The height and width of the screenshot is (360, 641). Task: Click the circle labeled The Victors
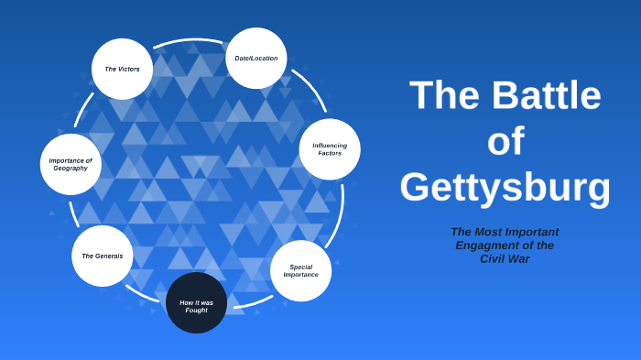122,69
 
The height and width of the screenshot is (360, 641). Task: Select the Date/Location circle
255,59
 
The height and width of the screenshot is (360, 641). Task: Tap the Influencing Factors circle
329,149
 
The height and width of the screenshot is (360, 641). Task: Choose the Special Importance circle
300,271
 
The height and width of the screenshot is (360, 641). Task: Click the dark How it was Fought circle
196,302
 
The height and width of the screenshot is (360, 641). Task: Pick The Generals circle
102,256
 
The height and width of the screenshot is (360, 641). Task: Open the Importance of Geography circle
71,165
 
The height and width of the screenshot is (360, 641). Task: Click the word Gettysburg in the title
505,187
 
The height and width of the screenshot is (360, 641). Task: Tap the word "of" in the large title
505,142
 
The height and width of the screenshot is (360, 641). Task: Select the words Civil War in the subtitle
505,259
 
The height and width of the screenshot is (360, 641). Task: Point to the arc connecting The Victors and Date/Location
189,41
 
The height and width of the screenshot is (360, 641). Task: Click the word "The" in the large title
442,96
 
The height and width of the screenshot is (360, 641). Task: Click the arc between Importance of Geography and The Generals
74,213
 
